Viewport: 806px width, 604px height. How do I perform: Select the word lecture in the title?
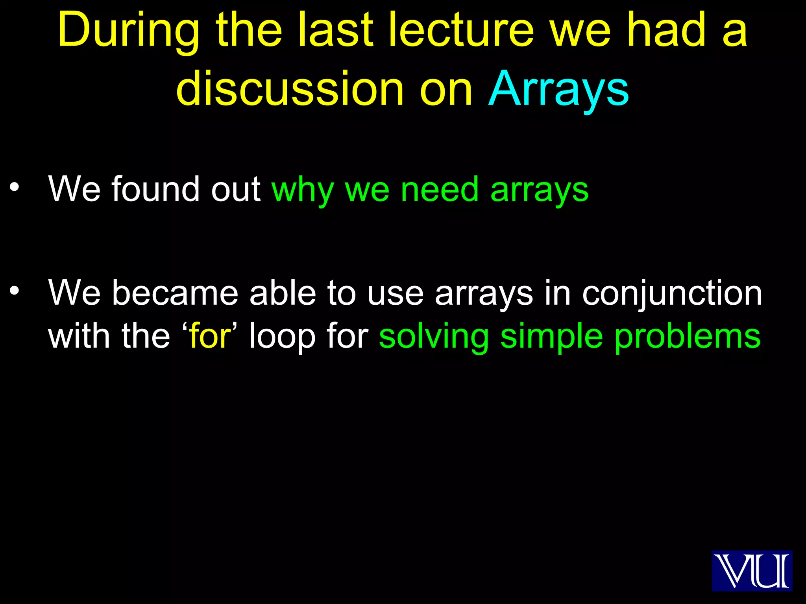click(461, 31)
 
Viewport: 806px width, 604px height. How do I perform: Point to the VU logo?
click(751, 571)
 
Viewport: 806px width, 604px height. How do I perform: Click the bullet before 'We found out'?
click(15, 187)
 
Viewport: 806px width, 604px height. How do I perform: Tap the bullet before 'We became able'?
click(15, 291)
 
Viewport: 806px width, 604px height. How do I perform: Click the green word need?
click(439, 190)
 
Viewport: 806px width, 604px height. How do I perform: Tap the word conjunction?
click(672, 294)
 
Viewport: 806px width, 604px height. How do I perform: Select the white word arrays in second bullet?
click(484, 294)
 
